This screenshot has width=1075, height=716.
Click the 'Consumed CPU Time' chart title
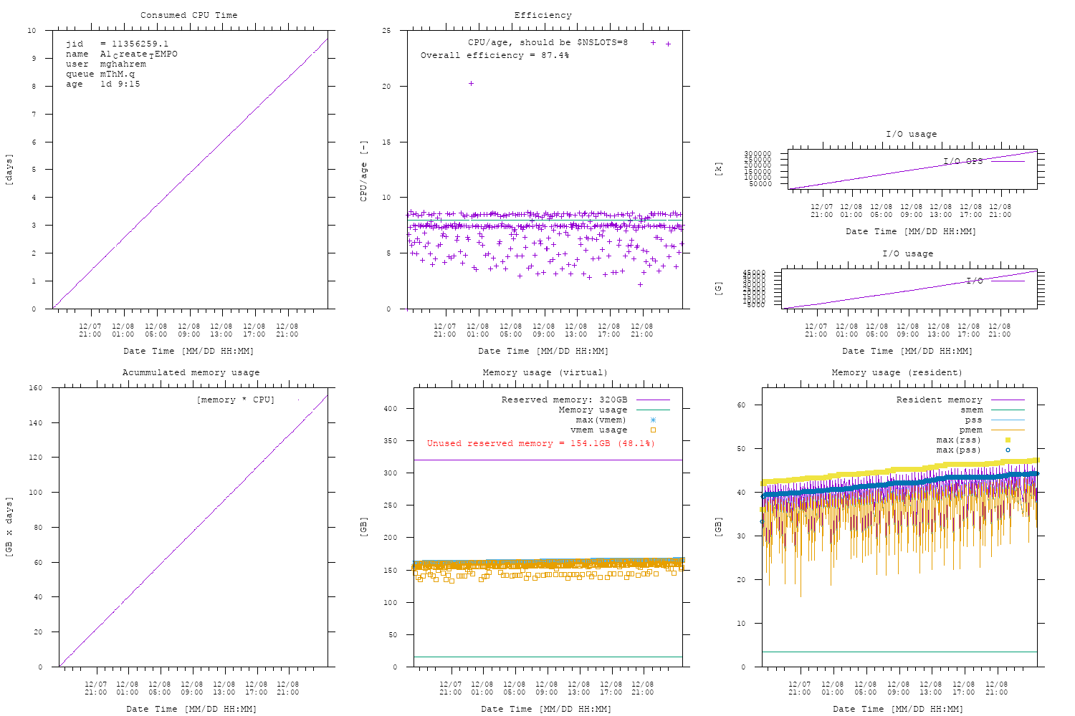click(x=188, y=15)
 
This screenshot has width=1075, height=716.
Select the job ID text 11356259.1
click(x=140, y=44)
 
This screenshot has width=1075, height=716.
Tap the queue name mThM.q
click(x=117, y=74)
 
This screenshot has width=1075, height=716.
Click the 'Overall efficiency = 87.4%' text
click(x=494, y=55)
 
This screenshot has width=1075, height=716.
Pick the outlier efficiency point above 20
click(x=471, y=84)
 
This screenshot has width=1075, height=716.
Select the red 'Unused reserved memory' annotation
click(x=541, y=443)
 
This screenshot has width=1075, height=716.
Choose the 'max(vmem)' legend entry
click(x=601, y=420)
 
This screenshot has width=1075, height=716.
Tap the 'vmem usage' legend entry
click(x=598, y=430)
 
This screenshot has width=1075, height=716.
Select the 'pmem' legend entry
click(x=971, y=430)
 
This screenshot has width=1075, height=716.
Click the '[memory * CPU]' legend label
click(x=235, y=400)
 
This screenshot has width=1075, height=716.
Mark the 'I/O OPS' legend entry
click(x=962, y=161)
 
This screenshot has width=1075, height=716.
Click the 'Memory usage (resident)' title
click(x=897, y=372)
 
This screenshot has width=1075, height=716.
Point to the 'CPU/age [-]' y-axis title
click(x=363, y=170)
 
